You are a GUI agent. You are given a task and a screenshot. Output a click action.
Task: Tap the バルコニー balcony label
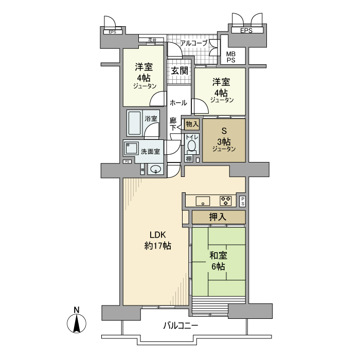181,326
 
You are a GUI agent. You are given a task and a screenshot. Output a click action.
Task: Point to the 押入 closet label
218,218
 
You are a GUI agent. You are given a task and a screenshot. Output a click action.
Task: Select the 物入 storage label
191,124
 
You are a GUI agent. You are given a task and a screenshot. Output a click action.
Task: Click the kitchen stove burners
226,201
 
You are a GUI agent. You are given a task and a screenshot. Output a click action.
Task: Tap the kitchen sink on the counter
202,201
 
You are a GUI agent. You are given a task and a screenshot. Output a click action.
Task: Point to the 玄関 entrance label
178,70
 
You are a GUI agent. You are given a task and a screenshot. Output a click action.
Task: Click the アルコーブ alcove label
193,43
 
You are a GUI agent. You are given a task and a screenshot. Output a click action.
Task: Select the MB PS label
231,56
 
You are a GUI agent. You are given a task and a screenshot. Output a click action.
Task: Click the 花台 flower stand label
152,39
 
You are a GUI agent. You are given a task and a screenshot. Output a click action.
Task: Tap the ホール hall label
178,102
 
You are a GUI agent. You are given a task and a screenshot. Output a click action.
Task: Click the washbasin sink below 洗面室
155,169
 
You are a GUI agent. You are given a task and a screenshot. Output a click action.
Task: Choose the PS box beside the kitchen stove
242,201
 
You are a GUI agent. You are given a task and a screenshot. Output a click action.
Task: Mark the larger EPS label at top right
246,31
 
